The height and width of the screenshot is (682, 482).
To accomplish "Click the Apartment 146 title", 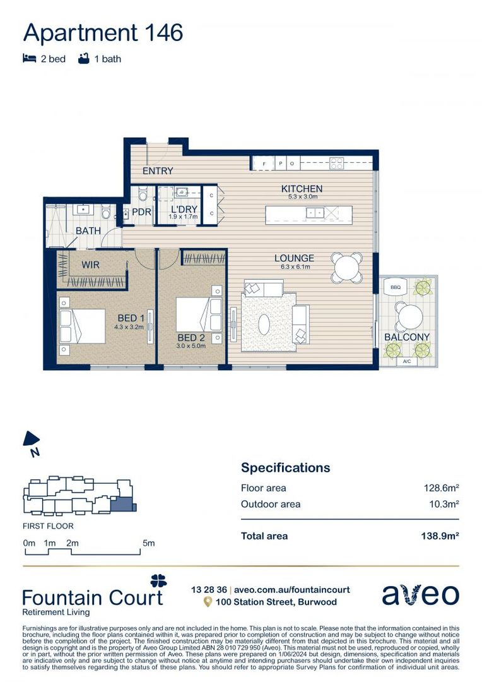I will pyautogui.click(x=103, y=32).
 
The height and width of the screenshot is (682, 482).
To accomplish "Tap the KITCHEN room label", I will pyautogui.click(x=302, y=189).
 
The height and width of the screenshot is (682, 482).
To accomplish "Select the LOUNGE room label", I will pyautogui.click(x=294, y=258).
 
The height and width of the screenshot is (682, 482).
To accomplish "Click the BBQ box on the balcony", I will pyautogui.click(x=396, y=287).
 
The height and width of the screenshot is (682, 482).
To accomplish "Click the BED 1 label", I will pyautogui.click(x=131, y=318).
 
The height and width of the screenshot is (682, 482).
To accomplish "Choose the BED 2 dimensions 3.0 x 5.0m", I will pyautogui.click(x=191, y=346).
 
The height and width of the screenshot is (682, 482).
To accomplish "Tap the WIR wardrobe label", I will pyautogui.click(x=91, y=265).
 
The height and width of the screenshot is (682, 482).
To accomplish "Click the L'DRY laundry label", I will pyautogui.click(x=184, y=209).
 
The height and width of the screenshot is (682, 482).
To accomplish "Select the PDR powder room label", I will pyautogui.click(x=141, y=212).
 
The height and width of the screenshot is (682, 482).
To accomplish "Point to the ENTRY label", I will pyautogui.click(x=158, y=171).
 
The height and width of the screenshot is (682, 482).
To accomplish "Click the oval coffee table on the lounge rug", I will pyautogui.click(x=264, y=324).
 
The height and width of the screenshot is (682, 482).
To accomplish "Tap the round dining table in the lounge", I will pyautogui.click(x=348, y=267).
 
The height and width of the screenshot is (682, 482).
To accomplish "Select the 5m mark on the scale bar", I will pyautogui.click(x=148, y=543).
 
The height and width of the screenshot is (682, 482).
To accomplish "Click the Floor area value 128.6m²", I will pyautogui.click(x=440, y=488).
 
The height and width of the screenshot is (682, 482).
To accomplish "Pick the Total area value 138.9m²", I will pyautogui.click(x=439, y=536).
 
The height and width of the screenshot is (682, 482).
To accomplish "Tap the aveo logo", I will pyautogui.click(x=420, y=595).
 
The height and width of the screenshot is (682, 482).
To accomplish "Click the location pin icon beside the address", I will pyautogui.click(x=207, y=602).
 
